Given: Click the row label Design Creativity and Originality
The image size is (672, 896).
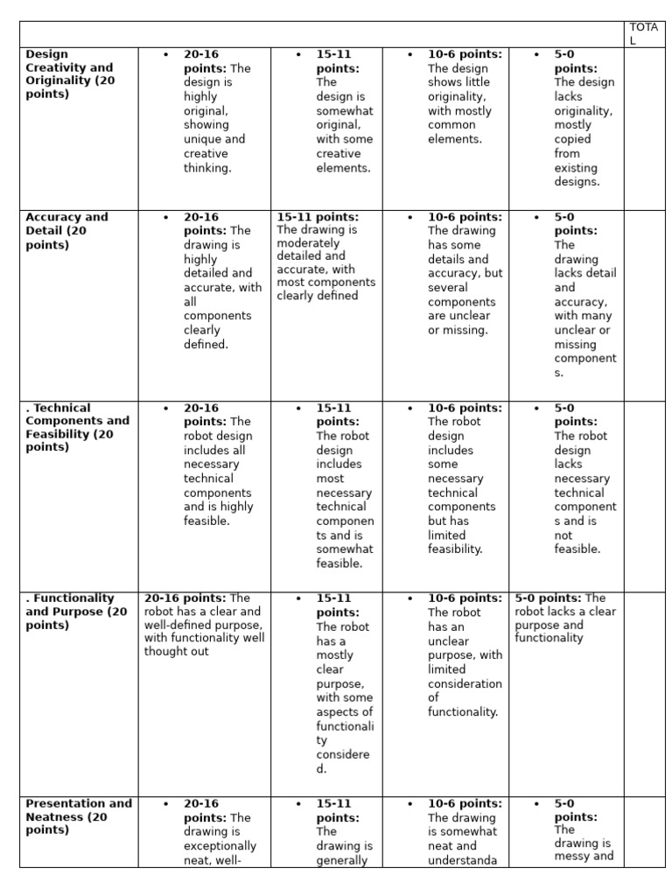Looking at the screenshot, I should coord(70,73).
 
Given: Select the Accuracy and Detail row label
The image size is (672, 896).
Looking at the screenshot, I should coord(67,231).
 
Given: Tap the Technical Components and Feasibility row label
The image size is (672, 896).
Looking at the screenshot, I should coord(77,427).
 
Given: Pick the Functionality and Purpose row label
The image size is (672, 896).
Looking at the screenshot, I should coord(76,612).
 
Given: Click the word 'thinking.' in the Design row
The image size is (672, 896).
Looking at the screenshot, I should coord(207,168).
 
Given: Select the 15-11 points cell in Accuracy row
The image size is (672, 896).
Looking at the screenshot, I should coord(325,256).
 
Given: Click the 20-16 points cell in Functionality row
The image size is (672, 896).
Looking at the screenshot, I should coord(204,625).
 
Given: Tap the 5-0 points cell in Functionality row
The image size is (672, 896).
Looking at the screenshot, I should coord(565,619).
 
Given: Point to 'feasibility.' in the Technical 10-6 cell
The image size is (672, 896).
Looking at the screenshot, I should coord(455,549).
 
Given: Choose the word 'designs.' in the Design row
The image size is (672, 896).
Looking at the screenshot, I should coord(577,182).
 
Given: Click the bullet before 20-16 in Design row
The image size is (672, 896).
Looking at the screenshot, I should coord(165,54).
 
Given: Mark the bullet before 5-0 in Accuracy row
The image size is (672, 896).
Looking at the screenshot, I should coord(536,217).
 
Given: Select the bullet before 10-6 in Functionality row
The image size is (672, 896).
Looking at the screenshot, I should coord(409,598).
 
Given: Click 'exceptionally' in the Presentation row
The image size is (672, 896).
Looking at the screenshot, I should coord(220,846).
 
